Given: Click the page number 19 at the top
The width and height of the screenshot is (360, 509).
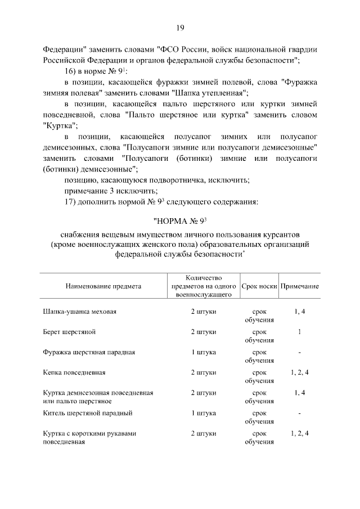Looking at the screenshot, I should [180, 28].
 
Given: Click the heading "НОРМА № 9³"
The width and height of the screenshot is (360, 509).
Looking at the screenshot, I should [180, 221].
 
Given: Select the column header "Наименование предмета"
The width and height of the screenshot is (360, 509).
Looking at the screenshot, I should [103, 286].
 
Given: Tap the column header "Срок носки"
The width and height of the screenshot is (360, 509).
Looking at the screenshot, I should [259, 286].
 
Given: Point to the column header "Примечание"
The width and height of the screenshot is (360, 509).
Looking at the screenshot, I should [300, 286].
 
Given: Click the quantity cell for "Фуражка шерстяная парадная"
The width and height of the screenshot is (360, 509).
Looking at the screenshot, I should [204, 352].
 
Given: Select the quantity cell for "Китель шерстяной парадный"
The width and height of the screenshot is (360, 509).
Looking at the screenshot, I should [204, 413].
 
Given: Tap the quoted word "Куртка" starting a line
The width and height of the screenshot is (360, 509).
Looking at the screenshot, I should [60, 125].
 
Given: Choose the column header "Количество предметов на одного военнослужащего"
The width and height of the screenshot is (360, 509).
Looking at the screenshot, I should [204, 286].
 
